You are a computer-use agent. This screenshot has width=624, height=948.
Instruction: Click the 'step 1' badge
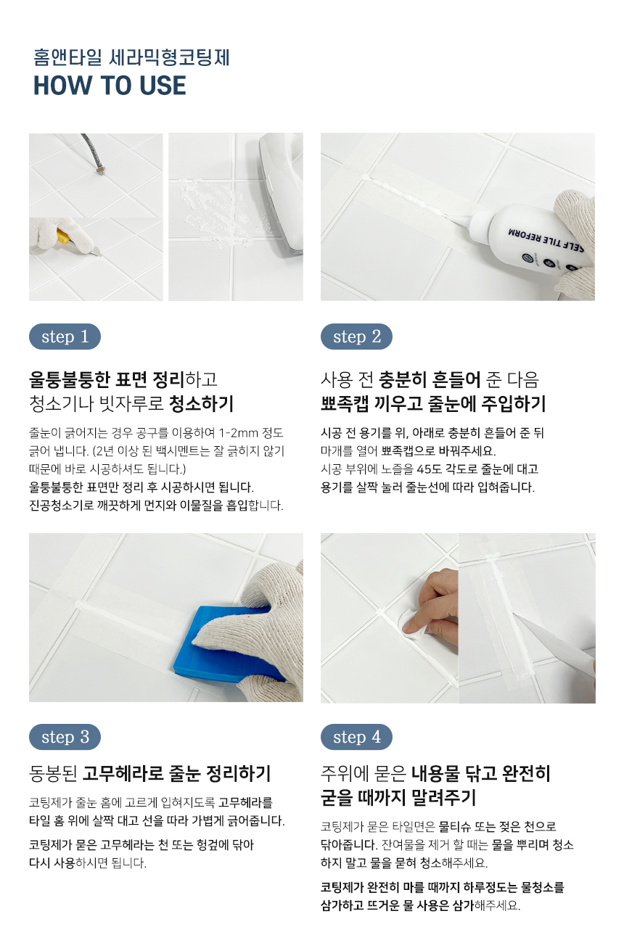tap(65, 337)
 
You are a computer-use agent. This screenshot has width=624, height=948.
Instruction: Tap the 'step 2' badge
tap(356, 337)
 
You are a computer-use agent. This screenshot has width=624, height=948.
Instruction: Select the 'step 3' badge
tap(65, 737)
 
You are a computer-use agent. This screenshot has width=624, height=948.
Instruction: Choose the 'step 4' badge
tap(356, 737)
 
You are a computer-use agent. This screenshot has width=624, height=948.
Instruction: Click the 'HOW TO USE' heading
tap(110, 85)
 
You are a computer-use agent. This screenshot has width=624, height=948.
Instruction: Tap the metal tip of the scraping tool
tap(100, 170)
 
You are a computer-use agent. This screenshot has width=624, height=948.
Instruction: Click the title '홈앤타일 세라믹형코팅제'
tap(131, 58)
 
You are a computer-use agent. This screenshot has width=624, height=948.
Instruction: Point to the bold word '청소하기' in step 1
tap(201, 403)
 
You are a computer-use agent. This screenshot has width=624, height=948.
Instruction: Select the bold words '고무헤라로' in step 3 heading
tap(123, 773)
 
